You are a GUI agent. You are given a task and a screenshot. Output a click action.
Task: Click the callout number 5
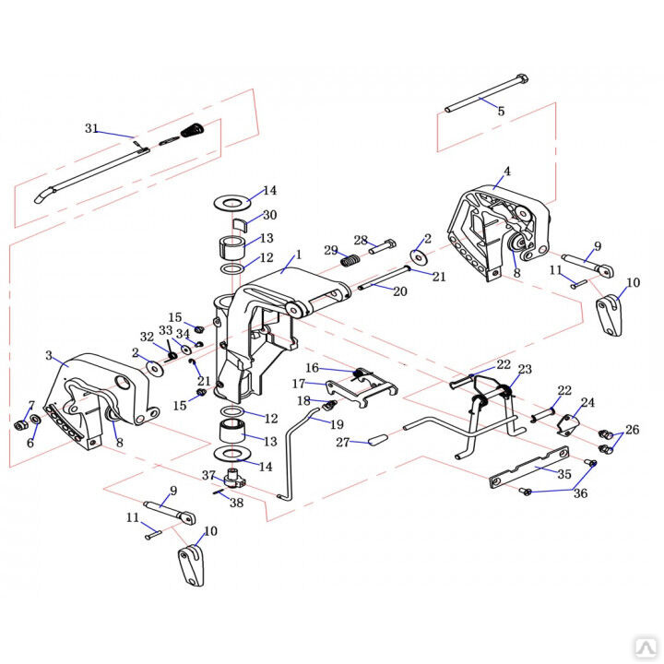pos(501,111)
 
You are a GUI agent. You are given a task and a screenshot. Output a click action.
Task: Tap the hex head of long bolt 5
pos(522,79)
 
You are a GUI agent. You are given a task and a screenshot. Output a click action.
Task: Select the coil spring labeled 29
pos(350,259)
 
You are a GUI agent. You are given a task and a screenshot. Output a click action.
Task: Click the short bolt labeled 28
pos(383,246)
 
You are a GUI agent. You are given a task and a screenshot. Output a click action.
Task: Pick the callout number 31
pos(91,128)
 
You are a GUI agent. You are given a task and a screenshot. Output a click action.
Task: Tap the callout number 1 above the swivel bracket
pos(299,255)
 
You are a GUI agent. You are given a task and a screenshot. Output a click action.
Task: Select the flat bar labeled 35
pos(529,467)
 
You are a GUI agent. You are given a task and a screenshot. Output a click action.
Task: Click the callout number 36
pos(581,492)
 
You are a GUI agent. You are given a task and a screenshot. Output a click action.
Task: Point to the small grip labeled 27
pos(378,439)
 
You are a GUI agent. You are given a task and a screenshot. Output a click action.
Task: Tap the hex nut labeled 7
pos(19,425)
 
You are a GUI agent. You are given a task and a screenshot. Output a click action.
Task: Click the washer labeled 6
pos(36,420)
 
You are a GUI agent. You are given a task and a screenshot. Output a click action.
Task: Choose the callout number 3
pos(49,355)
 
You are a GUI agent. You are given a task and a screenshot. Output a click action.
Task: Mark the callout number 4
pos(507,172)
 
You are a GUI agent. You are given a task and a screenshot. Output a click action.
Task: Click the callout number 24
pos(587,402)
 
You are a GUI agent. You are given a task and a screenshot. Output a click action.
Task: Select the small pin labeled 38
pos(219,492)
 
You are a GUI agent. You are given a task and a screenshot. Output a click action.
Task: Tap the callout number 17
pos(299,384)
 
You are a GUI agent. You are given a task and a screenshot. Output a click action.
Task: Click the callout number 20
pos(400,291)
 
